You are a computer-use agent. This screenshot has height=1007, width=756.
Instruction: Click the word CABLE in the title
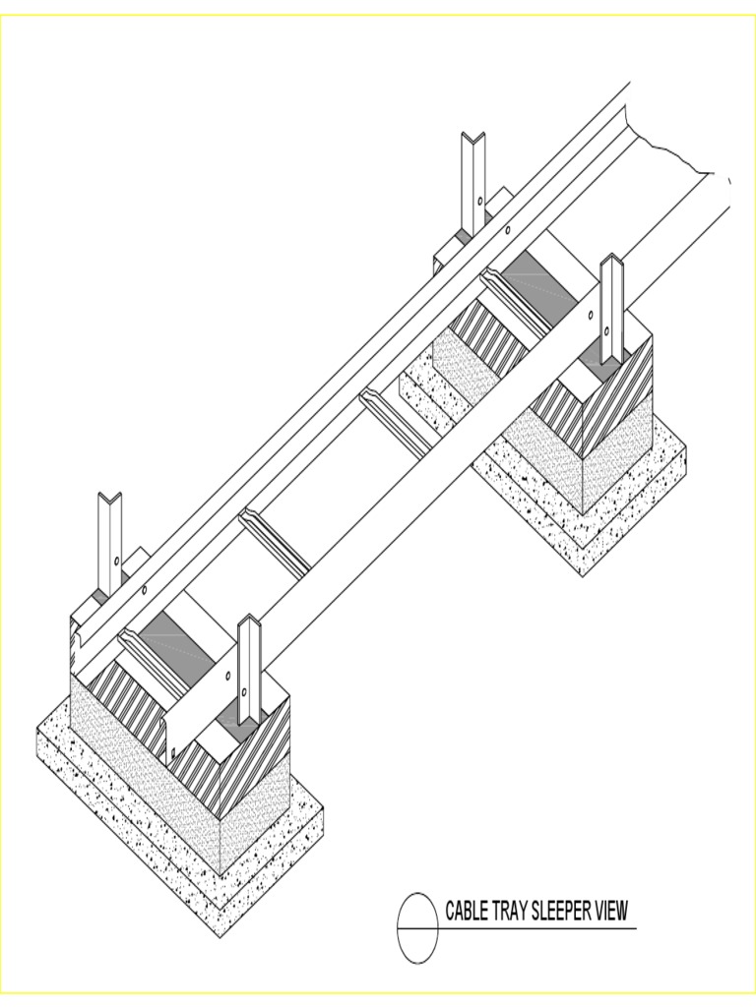[467, 911]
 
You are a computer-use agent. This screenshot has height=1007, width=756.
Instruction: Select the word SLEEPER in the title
[562, 911]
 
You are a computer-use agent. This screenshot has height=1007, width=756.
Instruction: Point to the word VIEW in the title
[610, 911]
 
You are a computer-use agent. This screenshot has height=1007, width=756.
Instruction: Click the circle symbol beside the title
[417, 928]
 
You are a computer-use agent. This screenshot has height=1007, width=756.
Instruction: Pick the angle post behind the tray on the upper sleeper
[473, 182]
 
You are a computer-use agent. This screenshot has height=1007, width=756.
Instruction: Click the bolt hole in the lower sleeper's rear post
[117, 561]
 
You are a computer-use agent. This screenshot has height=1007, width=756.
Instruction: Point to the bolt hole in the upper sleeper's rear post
[479, 201]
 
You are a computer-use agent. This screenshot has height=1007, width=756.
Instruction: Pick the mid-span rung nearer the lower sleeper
[275, 541]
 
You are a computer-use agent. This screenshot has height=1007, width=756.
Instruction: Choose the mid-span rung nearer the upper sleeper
[394, 422]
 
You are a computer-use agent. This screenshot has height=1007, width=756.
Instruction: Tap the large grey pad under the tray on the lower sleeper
[177, 639]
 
